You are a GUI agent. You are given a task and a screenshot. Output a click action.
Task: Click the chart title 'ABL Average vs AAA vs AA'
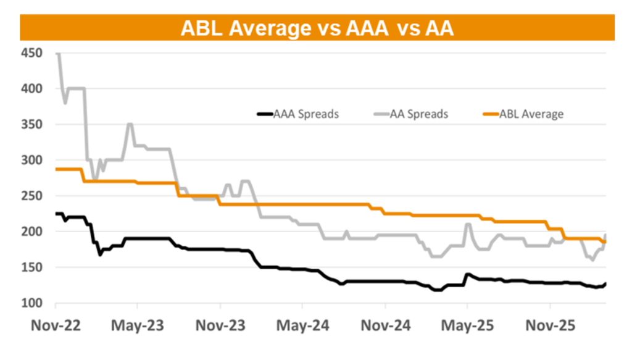[x=317, y=28]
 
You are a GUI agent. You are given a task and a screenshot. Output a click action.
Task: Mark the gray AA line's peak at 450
[x=57, y=54]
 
